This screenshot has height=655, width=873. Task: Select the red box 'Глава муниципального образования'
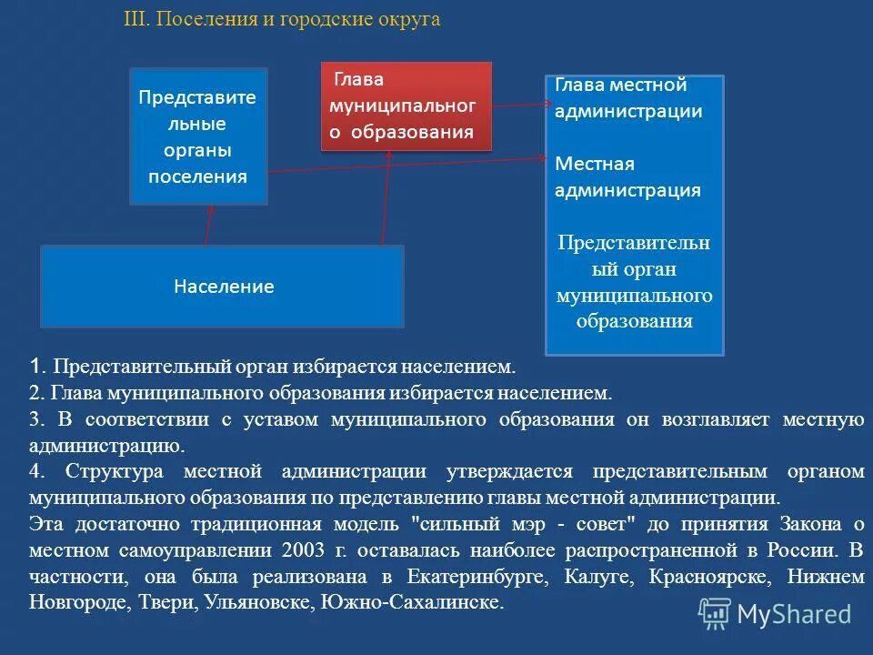click(406, 106)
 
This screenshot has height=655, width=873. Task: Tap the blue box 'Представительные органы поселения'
click(198, 136)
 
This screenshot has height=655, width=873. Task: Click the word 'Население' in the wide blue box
click(224, 287)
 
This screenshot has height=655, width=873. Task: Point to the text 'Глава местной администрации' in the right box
click(628, 98)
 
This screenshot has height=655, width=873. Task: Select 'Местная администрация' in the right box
click(627, 177)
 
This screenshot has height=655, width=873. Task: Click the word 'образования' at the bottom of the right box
click(634, 321)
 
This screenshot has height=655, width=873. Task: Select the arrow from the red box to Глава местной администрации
click(518, 106)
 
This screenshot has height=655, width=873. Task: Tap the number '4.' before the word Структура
click(36, 471)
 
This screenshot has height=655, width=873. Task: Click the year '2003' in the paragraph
click(303, 550)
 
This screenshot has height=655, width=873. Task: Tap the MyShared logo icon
click(714, 613)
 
